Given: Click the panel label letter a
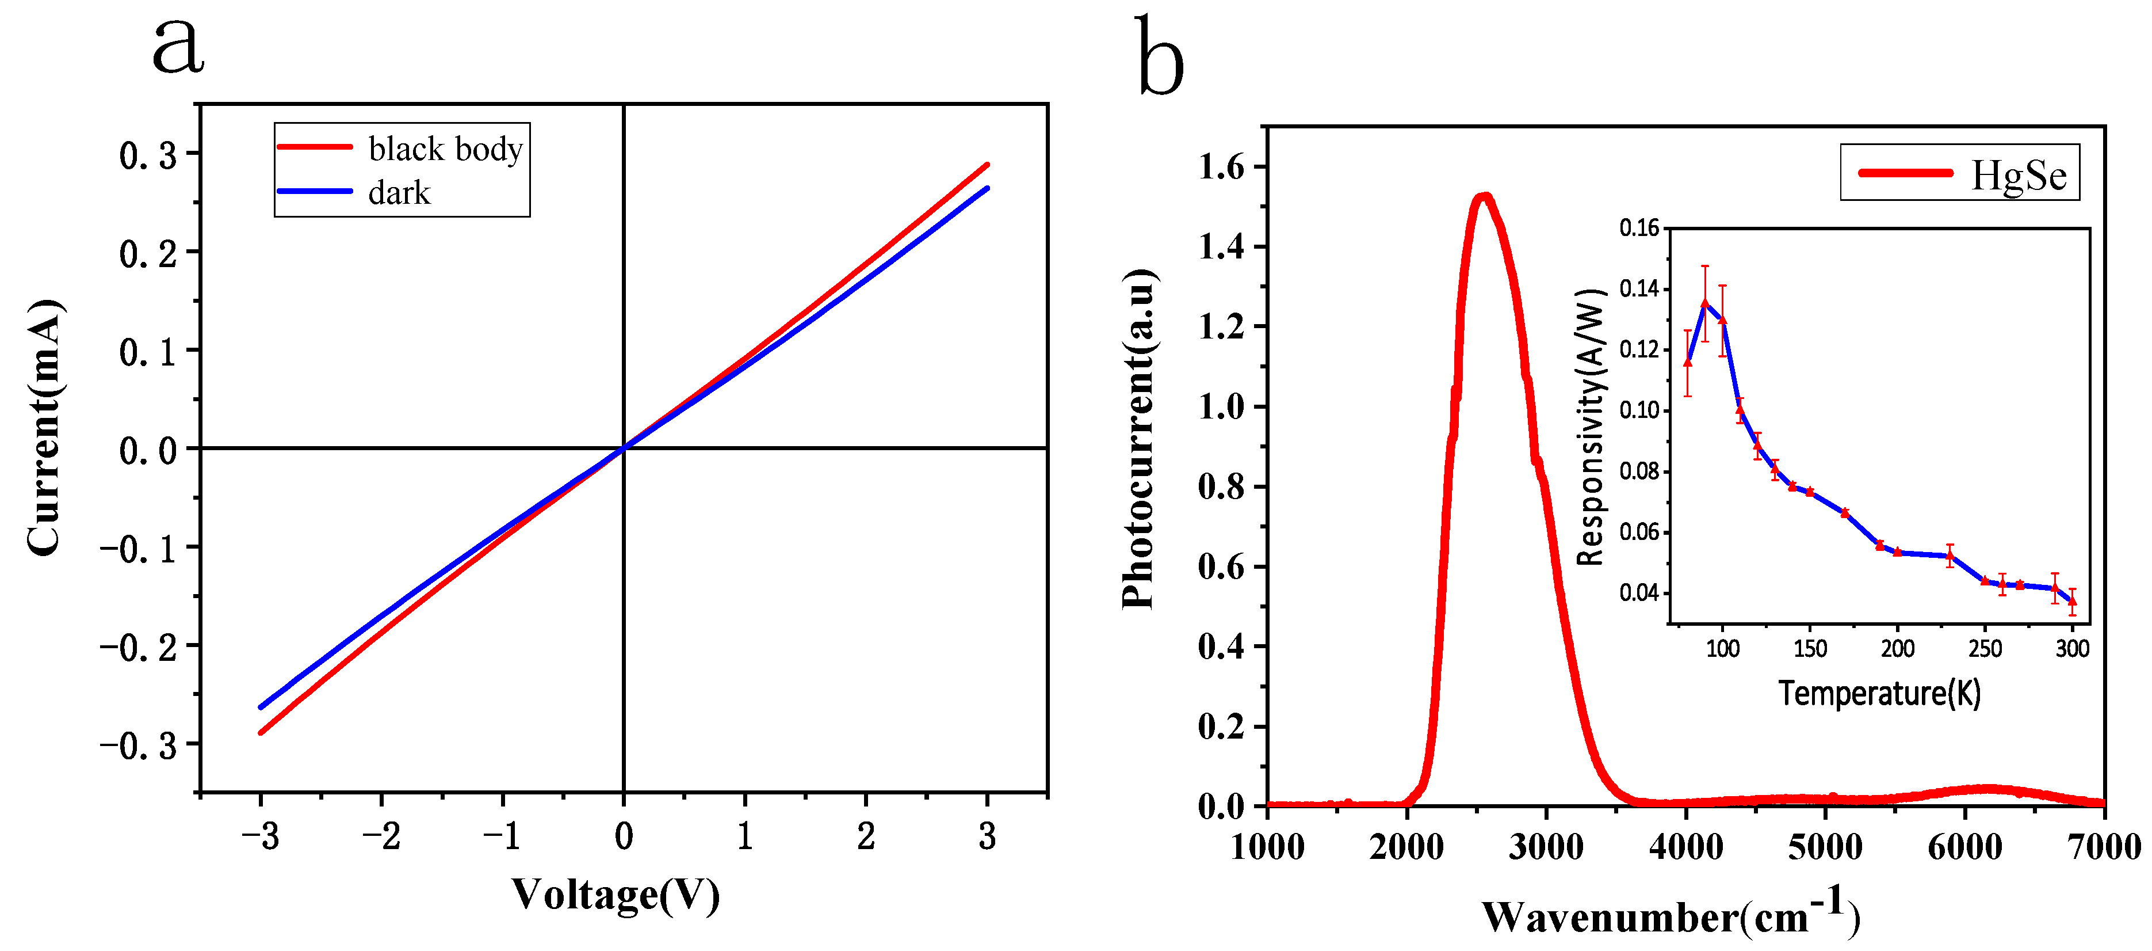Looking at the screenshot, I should click(x=178, y=46).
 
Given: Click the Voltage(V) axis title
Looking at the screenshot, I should click(x=615, y=894).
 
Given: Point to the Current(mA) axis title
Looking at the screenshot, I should click(x=44, y=426).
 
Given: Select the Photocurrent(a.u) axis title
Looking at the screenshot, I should click(x=1138, y=439).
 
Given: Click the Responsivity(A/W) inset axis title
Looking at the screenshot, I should click(x=1591, y=426).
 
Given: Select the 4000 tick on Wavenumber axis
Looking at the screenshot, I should click(x=1686, y=847).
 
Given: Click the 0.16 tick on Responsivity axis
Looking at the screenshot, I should click(x=1639, y=228).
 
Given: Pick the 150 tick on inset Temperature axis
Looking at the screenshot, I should click(x=1810, y=648).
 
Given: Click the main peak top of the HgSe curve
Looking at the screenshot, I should click(x=1485, y=197).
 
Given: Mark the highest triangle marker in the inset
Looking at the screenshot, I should click(x=1705, y=303).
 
